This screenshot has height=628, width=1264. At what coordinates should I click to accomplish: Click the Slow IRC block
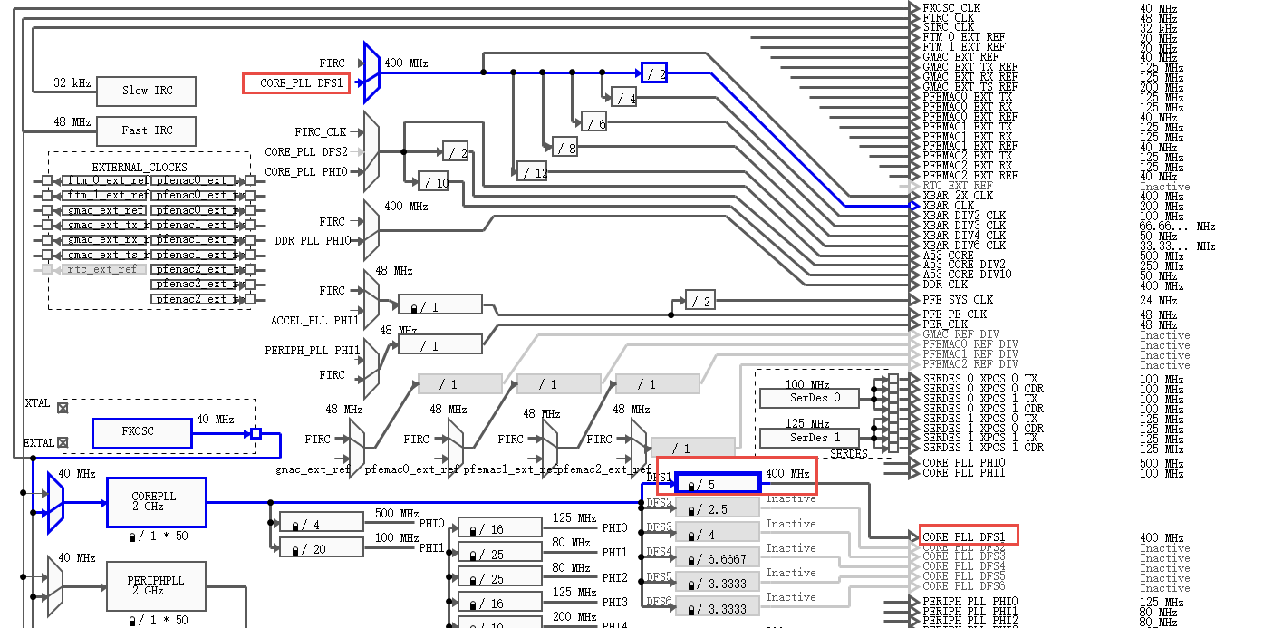click(147, 91)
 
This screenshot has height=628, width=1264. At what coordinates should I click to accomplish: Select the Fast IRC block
click(147, 130)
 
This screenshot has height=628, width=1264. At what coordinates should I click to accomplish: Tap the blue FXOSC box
click(141, 432)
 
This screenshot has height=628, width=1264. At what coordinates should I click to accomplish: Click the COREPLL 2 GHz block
click(156, 502)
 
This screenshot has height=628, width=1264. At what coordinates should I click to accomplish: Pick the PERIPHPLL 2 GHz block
click(156, 585)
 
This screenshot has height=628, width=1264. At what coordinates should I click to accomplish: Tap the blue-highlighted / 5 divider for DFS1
click(717, 484)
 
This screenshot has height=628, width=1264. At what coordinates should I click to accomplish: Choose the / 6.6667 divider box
click(717, 559)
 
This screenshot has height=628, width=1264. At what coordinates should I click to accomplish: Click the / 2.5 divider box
click(717, 508)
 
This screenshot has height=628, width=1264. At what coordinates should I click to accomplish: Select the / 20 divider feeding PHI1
click(321, 548)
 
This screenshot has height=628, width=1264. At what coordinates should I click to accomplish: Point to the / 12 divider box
click(532, 171)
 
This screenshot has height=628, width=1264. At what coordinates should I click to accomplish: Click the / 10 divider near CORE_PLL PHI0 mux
click(433, 181)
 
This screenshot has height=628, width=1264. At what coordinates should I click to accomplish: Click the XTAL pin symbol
click(63, 408)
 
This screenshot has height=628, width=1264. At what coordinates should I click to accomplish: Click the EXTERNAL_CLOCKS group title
click(140, 168)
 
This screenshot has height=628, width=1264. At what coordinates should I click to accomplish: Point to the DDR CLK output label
click(945, 285)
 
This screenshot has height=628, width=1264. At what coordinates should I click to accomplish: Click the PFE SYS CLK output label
click(957, 300)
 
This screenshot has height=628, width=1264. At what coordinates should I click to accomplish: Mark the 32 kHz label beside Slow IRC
click(72, 83)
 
